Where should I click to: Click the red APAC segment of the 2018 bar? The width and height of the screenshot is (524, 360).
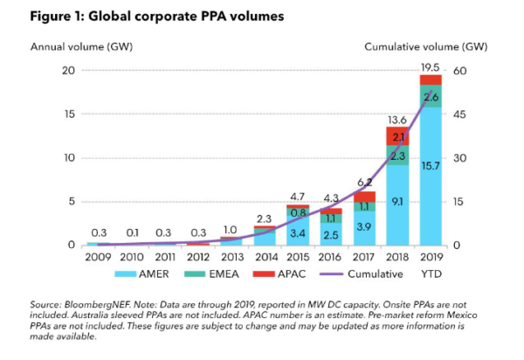[x=397, y=136]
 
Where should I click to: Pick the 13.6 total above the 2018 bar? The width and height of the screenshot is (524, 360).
[x=397, y=119]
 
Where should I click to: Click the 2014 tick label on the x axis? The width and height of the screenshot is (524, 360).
[x=264, y=258]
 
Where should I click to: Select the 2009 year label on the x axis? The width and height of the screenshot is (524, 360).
[x=97, y=258]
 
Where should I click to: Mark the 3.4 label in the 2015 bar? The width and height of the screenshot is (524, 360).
[x=297, y=233]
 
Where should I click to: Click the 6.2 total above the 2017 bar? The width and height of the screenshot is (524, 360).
[x=363, y=182]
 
